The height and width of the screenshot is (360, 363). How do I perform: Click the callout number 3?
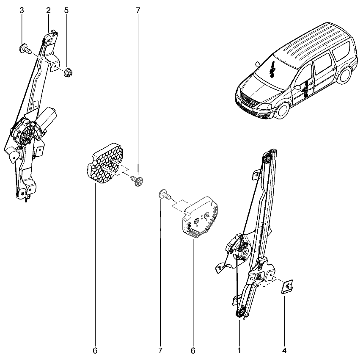tap(22, 11)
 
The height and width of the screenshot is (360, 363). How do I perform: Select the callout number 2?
tap(48, 11)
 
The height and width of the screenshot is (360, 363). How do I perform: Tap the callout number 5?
tap(66, 11)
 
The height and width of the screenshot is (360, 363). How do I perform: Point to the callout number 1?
tap(239, 351)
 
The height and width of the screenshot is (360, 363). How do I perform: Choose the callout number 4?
tap(285, 351)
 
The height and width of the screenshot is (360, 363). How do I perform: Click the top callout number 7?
tap(138, 11)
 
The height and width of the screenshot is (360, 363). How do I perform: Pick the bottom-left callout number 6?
tap(95, 351)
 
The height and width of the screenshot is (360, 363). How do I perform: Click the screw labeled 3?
tap(25, 49)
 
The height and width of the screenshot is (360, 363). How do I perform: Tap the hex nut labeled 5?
tap(69, 72)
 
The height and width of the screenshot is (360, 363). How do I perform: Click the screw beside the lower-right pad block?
tap(165, 194)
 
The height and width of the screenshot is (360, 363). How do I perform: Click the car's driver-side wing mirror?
tap(297, 87)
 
